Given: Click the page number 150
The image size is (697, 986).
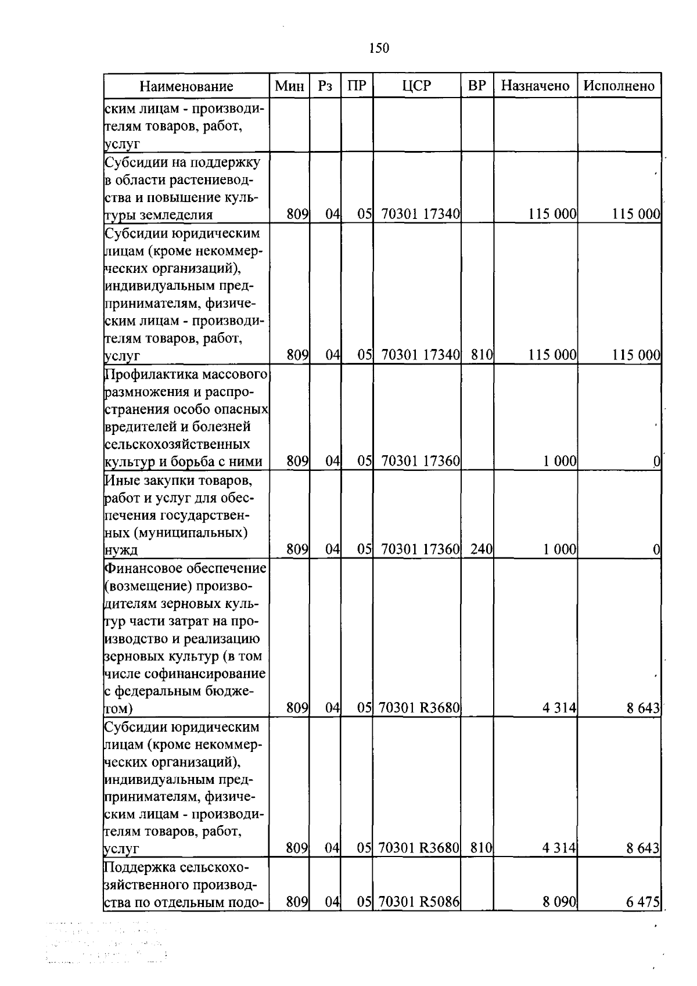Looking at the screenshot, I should tap(379, 48).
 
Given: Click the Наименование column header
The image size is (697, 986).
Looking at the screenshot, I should tap(186, 87).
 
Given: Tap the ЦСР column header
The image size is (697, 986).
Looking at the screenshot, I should tap(416, 87).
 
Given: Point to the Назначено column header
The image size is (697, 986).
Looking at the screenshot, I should tap(535, 87).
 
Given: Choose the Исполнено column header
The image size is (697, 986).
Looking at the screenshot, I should tap(619, 87).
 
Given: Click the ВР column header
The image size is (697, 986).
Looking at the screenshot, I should tap(477, 87).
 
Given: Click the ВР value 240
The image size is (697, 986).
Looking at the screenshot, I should tap(482, 549).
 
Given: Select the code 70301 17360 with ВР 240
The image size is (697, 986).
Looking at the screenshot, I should tap(421, 549).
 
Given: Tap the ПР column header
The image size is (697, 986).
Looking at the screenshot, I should tap(357, 87).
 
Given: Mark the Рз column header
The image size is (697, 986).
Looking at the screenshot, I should tap(325, 87).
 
